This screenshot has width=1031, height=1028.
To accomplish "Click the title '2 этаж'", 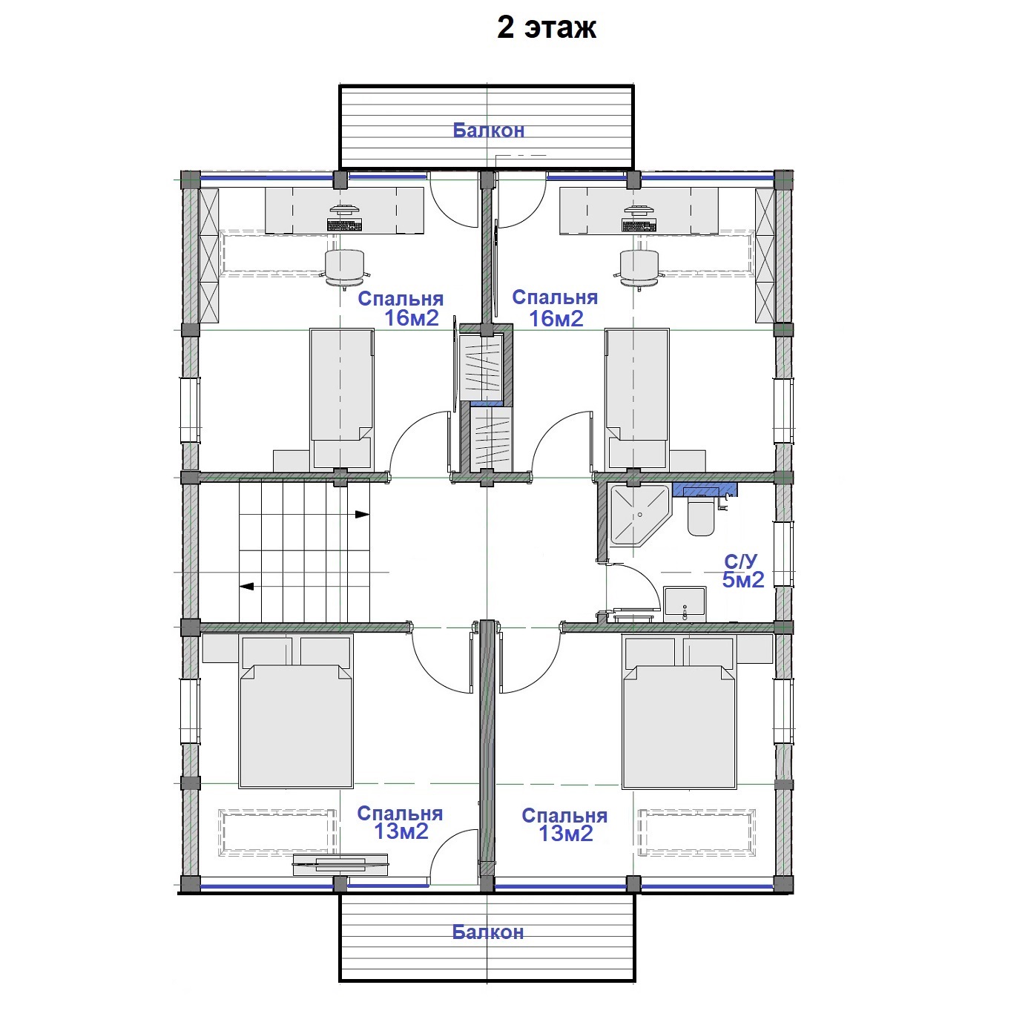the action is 546,28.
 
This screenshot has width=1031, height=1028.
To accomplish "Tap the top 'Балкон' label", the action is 489,130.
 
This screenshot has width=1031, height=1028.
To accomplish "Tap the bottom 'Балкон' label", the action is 488,932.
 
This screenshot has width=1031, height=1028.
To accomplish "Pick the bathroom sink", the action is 685,604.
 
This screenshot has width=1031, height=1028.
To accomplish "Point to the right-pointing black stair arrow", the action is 362,514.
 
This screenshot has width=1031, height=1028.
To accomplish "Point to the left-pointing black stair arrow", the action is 246,587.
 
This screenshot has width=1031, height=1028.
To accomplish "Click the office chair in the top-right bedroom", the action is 640,269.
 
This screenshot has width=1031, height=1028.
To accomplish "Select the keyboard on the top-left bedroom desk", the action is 344,225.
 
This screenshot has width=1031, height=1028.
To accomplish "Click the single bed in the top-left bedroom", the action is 342,399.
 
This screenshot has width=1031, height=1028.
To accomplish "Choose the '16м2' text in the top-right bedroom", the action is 556,319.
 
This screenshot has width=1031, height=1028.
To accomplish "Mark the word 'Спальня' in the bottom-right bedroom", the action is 564,816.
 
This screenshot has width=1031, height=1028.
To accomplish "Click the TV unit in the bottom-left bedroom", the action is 340,865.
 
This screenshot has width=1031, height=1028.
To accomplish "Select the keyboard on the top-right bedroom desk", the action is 639,225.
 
